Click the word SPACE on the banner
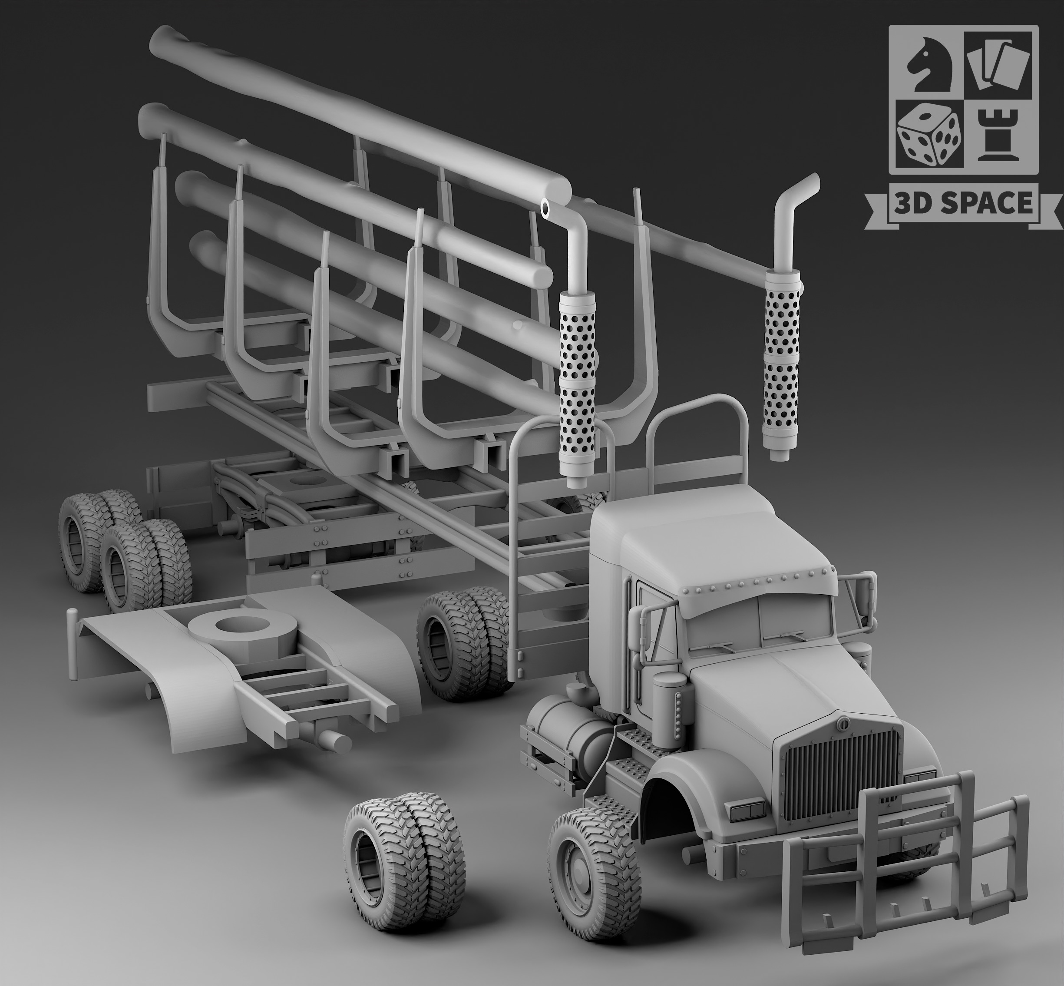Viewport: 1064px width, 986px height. coord(989,204)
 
